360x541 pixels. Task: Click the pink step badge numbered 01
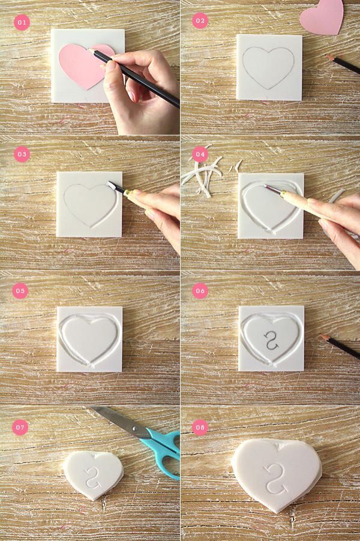[22, 22]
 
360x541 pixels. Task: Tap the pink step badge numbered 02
[200, 21]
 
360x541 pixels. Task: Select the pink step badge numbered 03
[22, 154]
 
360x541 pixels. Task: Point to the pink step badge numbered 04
[200, 154]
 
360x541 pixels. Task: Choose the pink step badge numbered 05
[20, 291]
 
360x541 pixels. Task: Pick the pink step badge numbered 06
[200, 291]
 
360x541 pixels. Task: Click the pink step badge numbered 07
[20, 428]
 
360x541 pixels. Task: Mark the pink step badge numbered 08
[200, 428]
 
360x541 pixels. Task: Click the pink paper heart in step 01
[83, 65]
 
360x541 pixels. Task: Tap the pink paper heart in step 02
[322, 17]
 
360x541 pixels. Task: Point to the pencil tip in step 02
[328, 56]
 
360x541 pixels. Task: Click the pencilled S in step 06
[271, 340]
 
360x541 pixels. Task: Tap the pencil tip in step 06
[322, 336]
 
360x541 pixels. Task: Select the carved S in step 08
[275, 479]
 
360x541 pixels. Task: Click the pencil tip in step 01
[91, 50]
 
